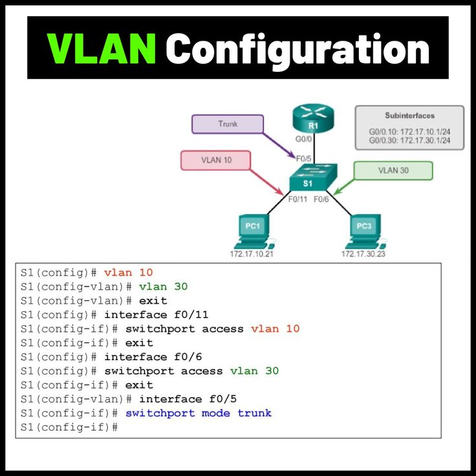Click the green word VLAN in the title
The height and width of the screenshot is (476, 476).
tap(102, 49)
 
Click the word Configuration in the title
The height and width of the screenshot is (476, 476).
tap(297, 49)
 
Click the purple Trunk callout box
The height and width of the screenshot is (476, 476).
tap(228, 124)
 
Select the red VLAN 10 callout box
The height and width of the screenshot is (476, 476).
tap(215, 160)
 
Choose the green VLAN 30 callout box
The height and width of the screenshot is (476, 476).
tap(393, 171)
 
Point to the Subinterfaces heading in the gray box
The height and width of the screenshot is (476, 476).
tap(409, 115)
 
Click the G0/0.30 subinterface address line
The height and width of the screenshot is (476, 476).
tap(409, 140)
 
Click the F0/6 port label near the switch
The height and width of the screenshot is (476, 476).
tap(321, 199)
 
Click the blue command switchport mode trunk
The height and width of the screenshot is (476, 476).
tap(199, 413)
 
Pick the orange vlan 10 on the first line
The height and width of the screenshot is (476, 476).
tap(128, 272)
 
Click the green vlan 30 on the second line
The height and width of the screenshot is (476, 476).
tap(163, 287)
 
